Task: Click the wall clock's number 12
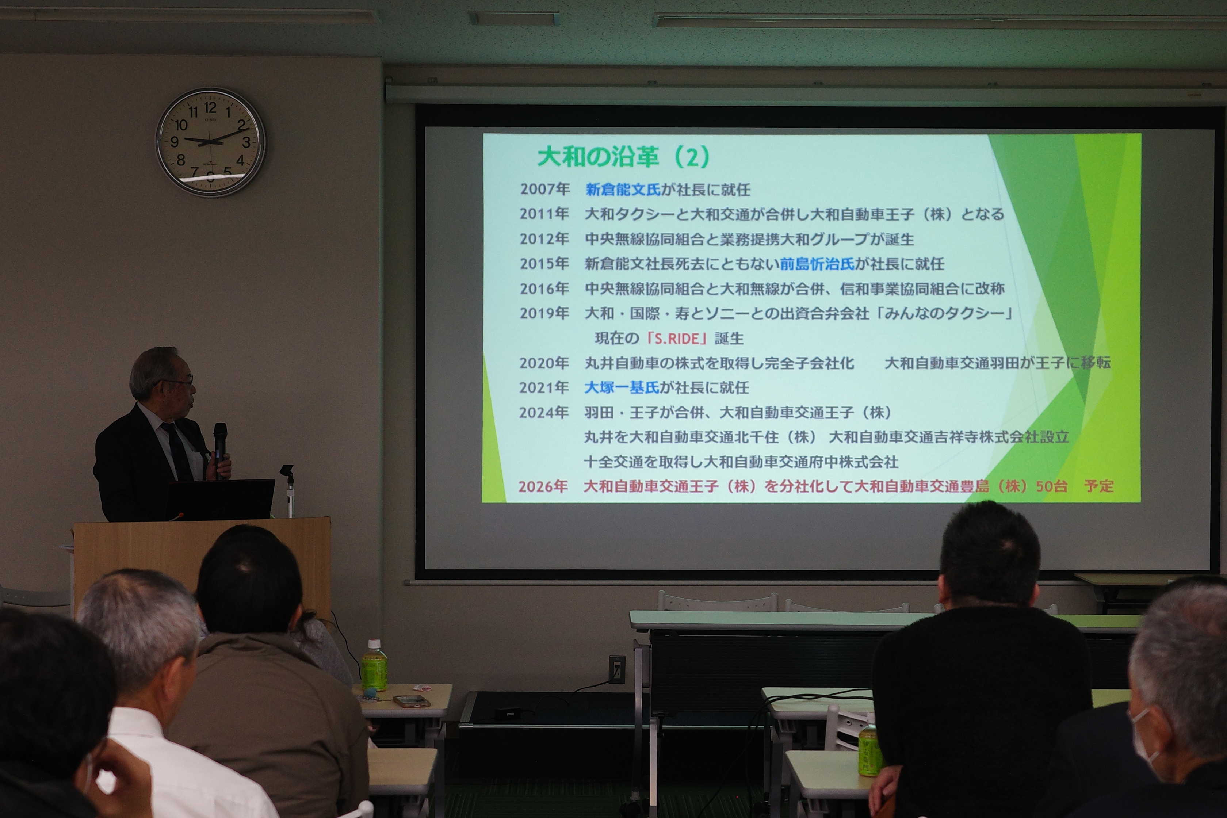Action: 210,108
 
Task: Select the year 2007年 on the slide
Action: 544,189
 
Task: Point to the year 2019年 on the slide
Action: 544,313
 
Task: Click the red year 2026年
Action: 543,486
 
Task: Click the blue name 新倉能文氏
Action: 623,190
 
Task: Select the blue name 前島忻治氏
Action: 818,264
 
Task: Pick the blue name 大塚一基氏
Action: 622,387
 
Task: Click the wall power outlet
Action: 617,670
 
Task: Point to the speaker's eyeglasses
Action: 180,382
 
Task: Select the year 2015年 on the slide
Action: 544,263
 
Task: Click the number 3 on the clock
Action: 246,142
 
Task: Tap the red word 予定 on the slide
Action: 1099,486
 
